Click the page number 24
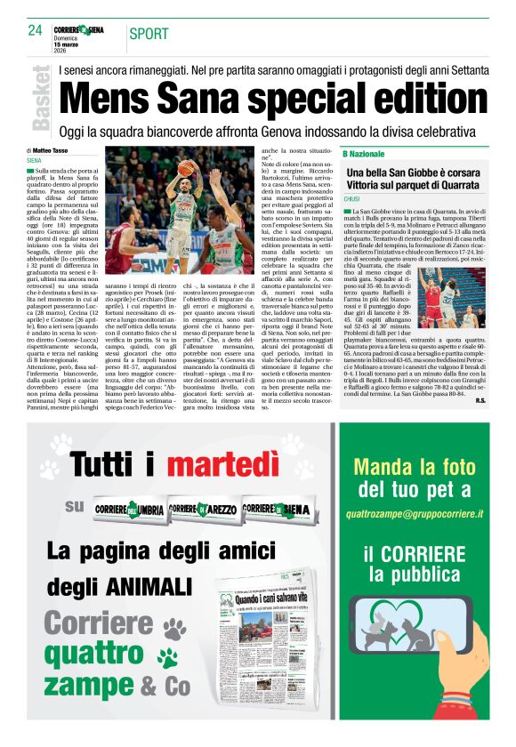(36, 30)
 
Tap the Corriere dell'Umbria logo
(129, 508)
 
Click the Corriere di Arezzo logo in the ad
(203, 508)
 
